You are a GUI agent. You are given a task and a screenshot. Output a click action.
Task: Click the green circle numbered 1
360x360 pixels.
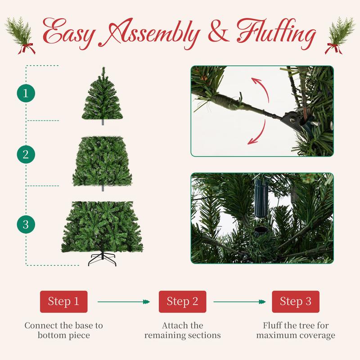click(26, 93)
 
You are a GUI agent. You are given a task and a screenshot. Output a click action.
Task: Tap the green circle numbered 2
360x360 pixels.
click(26, 154)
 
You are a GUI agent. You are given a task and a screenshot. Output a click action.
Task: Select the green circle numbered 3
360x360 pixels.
click(26, 224)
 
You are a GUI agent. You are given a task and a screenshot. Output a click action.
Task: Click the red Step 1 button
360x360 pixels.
click(63, 301)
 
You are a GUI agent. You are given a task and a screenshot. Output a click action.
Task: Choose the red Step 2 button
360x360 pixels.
click(182, 301)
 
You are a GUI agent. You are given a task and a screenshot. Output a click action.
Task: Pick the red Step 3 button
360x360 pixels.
click(296, 301)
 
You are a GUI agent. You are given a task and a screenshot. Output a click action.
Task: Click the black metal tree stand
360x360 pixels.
click(103, 259)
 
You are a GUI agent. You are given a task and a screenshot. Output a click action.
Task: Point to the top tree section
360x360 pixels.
click(103, 94)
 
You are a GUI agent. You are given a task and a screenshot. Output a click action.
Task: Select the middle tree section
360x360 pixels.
click(103, 161)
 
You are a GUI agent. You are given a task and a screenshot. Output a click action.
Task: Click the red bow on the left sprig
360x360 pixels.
click(26, 49)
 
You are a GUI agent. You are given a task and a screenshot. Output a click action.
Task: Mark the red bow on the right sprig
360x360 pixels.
click(333, 49)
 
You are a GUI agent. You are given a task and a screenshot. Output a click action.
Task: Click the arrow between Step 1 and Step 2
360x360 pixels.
click(124, 301)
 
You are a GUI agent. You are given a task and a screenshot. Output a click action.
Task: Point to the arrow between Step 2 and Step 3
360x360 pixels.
click(239, 301)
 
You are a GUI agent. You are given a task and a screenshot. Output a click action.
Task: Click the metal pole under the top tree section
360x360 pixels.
click(103, 122)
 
